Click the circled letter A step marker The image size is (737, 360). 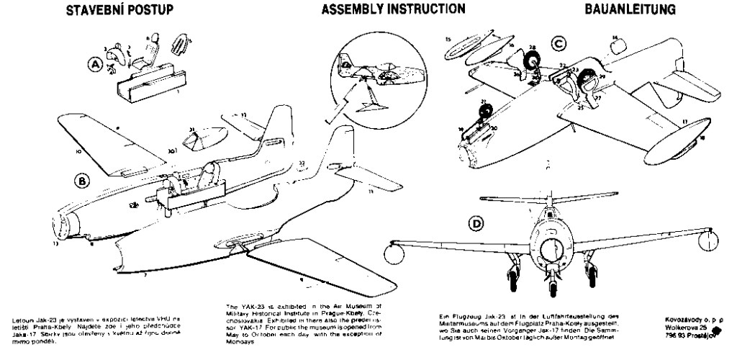[94, 65]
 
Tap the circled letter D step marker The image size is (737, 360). [476, 225]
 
